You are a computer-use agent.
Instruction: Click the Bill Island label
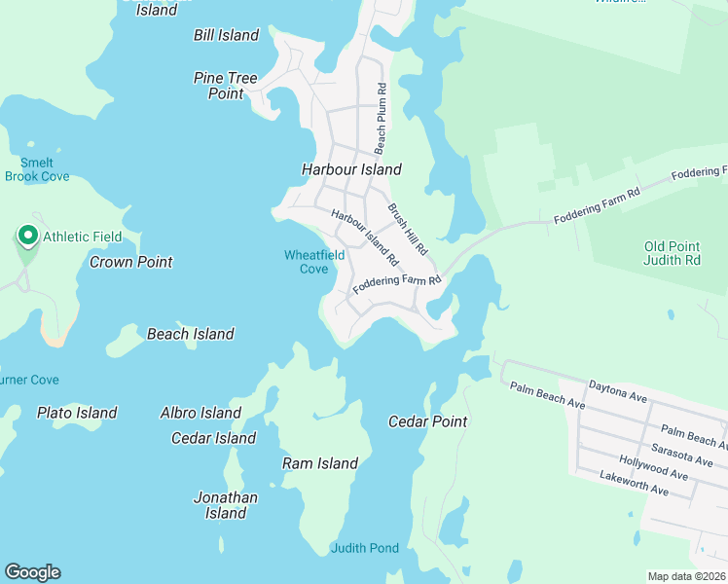(x=226, y=35)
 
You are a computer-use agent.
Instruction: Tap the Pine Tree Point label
(x=226, y=86)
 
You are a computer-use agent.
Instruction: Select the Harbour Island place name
(x=351, y=169)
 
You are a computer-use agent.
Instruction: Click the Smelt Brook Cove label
(x=37, y=169)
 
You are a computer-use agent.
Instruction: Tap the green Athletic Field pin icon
(x=26, y=237)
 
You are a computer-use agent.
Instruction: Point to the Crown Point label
(x=131, y=262)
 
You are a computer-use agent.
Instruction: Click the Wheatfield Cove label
(x=313, y=262)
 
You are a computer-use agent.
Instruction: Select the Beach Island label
(x=191, y=334)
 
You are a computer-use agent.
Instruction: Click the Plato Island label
(x=77, y=413)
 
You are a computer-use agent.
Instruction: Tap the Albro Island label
(x=200, y=413)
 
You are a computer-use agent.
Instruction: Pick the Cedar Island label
(x=213, y=438)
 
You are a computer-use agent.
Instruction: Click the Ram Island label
(x=320, y=463)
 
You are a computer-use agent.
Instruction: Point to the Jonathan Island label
(x=226, y=505)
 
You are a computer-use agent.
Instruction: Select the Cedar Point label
(x=428, y=421)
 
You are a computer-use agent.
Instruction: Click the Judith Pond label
(x=365, y=548)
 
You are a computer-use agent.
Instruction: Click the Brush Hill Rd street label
(x=408, y=229)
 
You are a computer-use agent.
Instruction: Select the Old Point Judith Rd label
(x=673, y=253)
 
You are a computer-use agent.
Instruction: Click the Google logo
(x=32, y=572)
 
